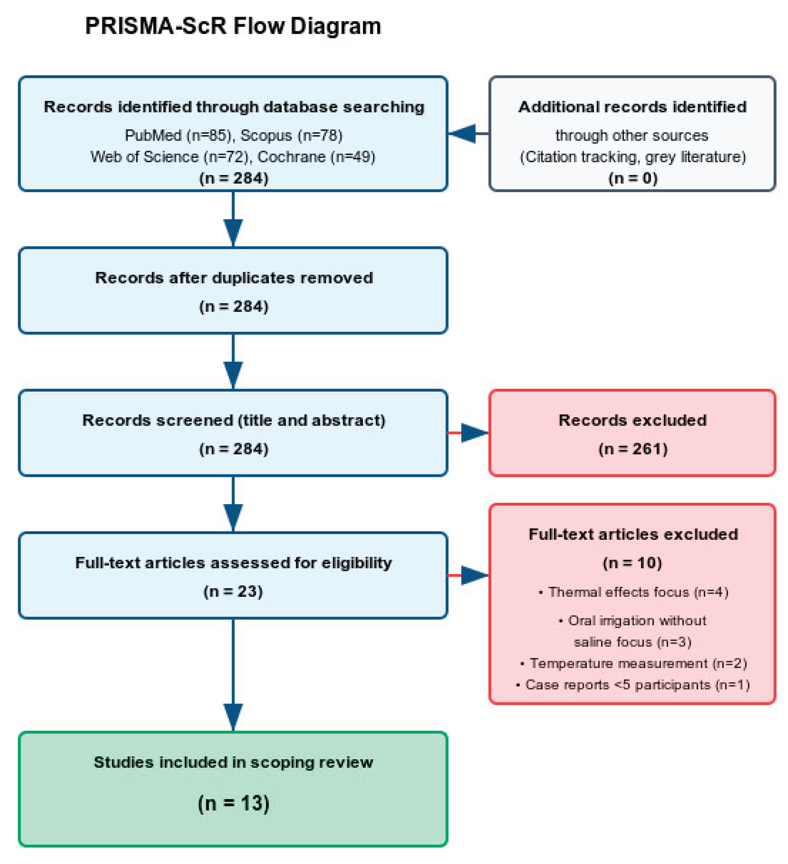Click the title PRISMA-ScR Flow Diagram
(233, 26)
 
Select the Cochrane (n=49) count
(316, 157)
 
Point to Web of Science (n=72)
(170, 157)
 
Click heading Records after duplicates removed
(234, 278)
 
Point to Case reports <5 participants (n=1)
(633, 685)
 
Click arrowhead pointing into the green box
(233, 716)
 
